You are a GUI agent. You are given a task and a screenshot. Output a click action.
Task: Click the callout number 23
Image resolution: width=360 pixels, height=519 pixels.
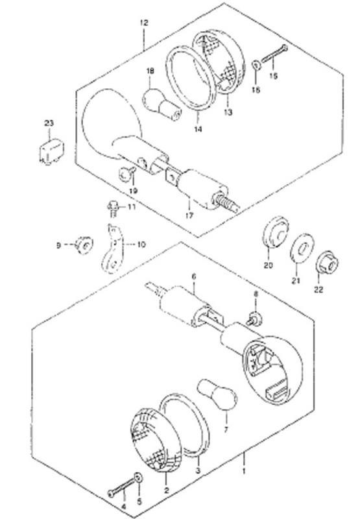pos(49,123)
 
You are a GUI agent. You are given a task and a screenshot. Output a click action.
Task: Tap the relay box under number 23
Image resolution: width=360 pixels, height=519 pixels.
pos(51,151)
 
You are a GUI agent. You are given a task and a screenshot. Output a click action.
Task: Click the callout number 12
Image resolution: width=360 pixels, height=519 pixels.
pos(144,23)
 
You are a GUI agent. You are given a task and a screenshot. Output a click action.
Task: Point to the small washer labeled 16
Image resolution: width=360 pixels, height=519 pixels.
pos(256,65)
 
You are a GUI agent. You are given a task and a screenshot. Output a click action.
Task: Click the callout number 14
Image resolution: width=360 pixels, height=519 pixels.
pos(198,129)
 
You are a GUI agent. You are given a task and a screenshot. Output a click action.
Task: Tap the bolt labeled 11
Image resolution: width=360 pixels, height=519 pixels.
pos(112,208)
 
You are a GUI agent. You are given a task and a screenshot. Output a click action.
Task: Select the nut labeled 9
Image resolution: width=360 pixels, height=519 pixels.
pos(84,245)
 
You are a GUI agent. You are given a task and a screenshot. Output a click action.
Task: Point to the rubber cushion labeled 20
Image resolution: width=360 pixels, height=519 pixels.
pos(275,232)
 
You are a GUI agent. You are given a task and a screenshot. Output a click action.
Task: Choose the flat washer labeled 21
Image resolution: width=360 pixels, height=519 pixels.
pos(302,248)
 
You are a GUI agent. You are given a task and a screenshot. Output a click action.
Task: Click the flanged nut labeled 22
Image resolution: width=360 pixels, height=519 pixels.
pos(327,264)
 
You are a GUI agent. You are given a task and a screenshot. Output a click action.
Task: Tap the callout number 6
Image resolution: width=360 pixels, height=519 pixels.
pos(194,276)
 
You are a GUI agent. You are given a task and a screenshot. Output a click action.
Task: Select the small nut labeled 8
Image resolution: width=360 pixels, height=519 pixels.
pos(255,318)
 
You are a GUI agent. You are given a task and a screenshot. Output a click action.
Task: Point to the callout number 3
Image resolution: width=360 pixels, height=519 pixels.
pos(198,471)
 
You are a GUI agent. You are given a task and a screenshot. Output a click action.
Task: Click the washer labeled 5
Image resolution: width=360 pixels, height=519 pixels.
pos(138,478)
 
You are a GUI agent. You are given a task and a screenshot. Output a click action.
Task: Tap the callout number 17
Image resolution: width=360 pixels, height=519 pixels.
pos(189,216)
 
